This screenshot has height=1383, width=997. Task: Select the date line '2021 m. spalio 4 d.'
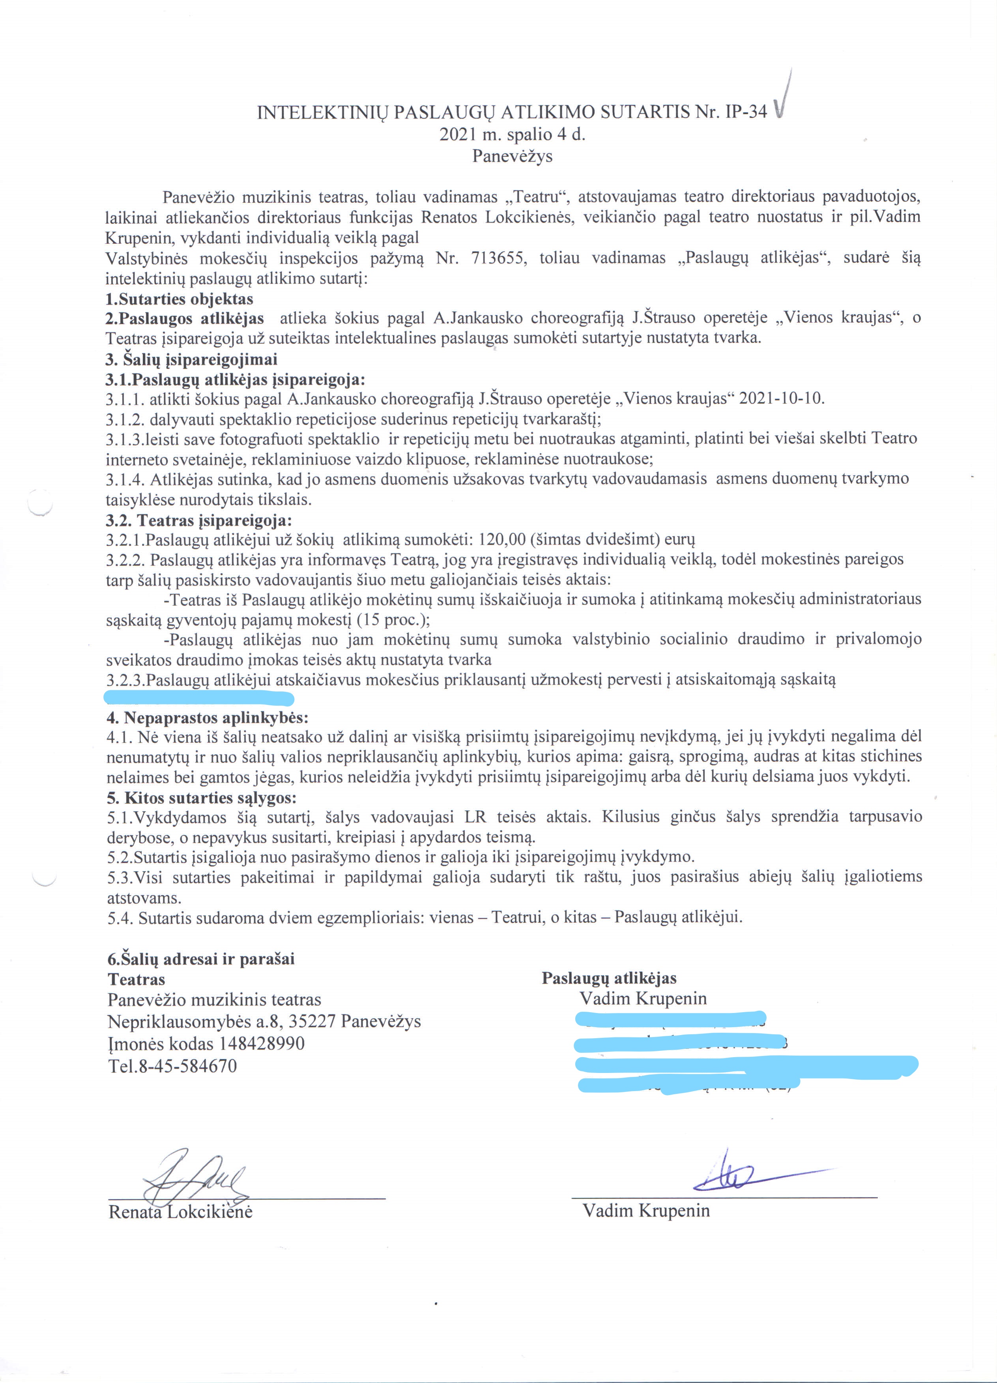[512, 134]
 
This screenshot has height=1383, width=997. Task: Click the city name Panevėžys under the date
[512, 156]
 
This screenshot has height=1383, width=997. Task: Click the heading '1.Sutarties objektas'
[179, 299]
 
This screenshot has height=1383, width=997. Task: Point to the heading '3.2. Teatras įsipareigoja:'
[199, 520]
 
